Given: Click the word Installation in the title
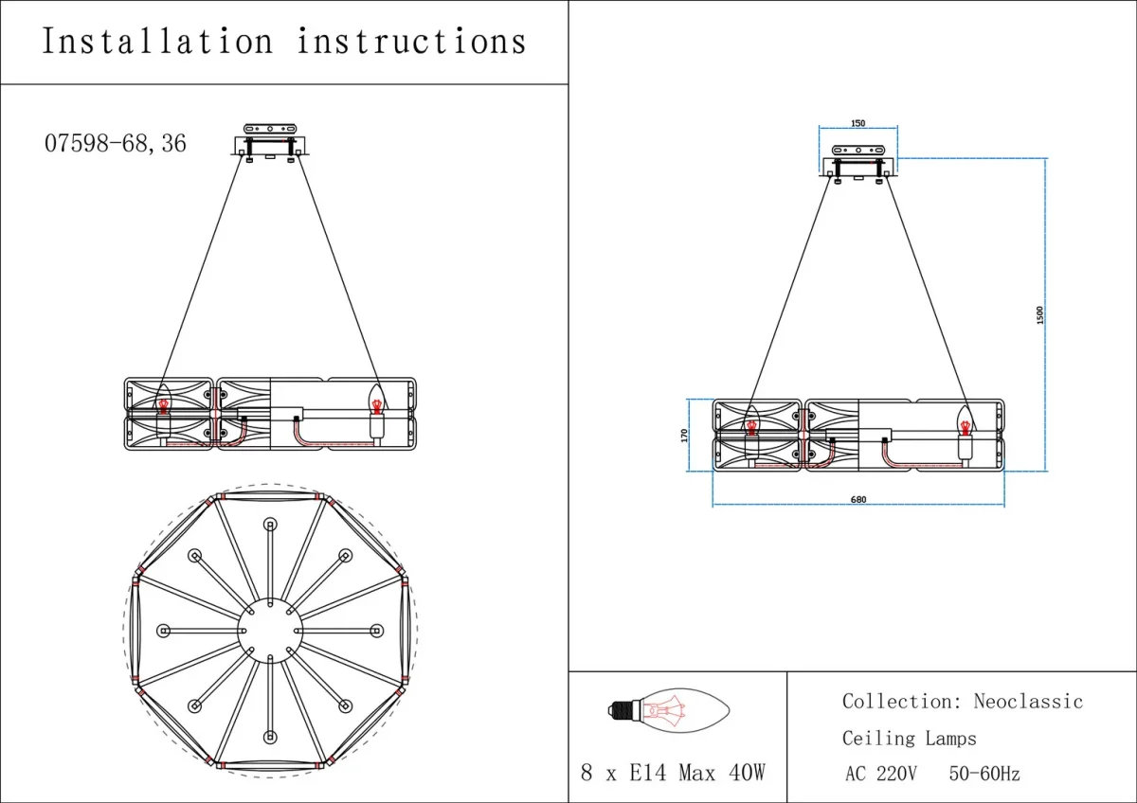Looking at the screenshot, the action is (x=158, y=41).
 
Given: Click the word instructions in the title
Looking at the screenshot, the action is (x=411, y=41).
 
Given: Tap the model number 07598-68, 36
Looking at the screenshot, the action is (x=116, y=144).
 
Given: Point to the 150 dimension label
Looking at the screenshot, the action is (x=857, y=123).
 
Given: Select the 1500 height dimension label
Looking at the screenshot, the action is (x=1040, y=315).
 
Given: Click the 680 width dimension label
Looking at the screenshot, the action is (x=858, y=500).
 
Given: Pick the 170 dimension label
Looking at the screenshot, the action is (x=684, y=436).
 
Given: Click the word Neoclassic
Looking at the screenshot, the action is (x=1028, y=701).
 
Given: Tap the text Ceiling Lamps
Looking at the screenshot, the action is (x=909, y=738).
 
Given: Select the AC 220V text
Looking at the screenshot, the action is (x=880, y=774).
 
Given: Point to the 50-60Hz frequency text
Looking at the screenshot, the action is (x=984, y=774).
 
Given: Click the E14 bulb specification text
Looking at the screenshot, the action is (x=648, y=773).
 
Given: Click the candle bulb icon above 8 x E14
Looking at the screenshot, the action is (x=669, y=710).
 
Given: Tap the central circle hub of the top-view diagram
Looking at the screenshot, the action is (x=270, y=631).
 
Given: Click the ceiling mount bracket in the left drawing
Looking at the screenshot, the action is (x=270, y=143).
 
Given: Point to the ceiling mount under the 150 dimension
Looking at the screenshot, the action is (x=858, y=164).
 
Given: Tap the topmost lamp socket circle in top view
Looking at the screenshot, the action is (x=271, y=524).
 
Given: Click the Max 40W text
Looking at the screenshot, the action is (x=721, y=773).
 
